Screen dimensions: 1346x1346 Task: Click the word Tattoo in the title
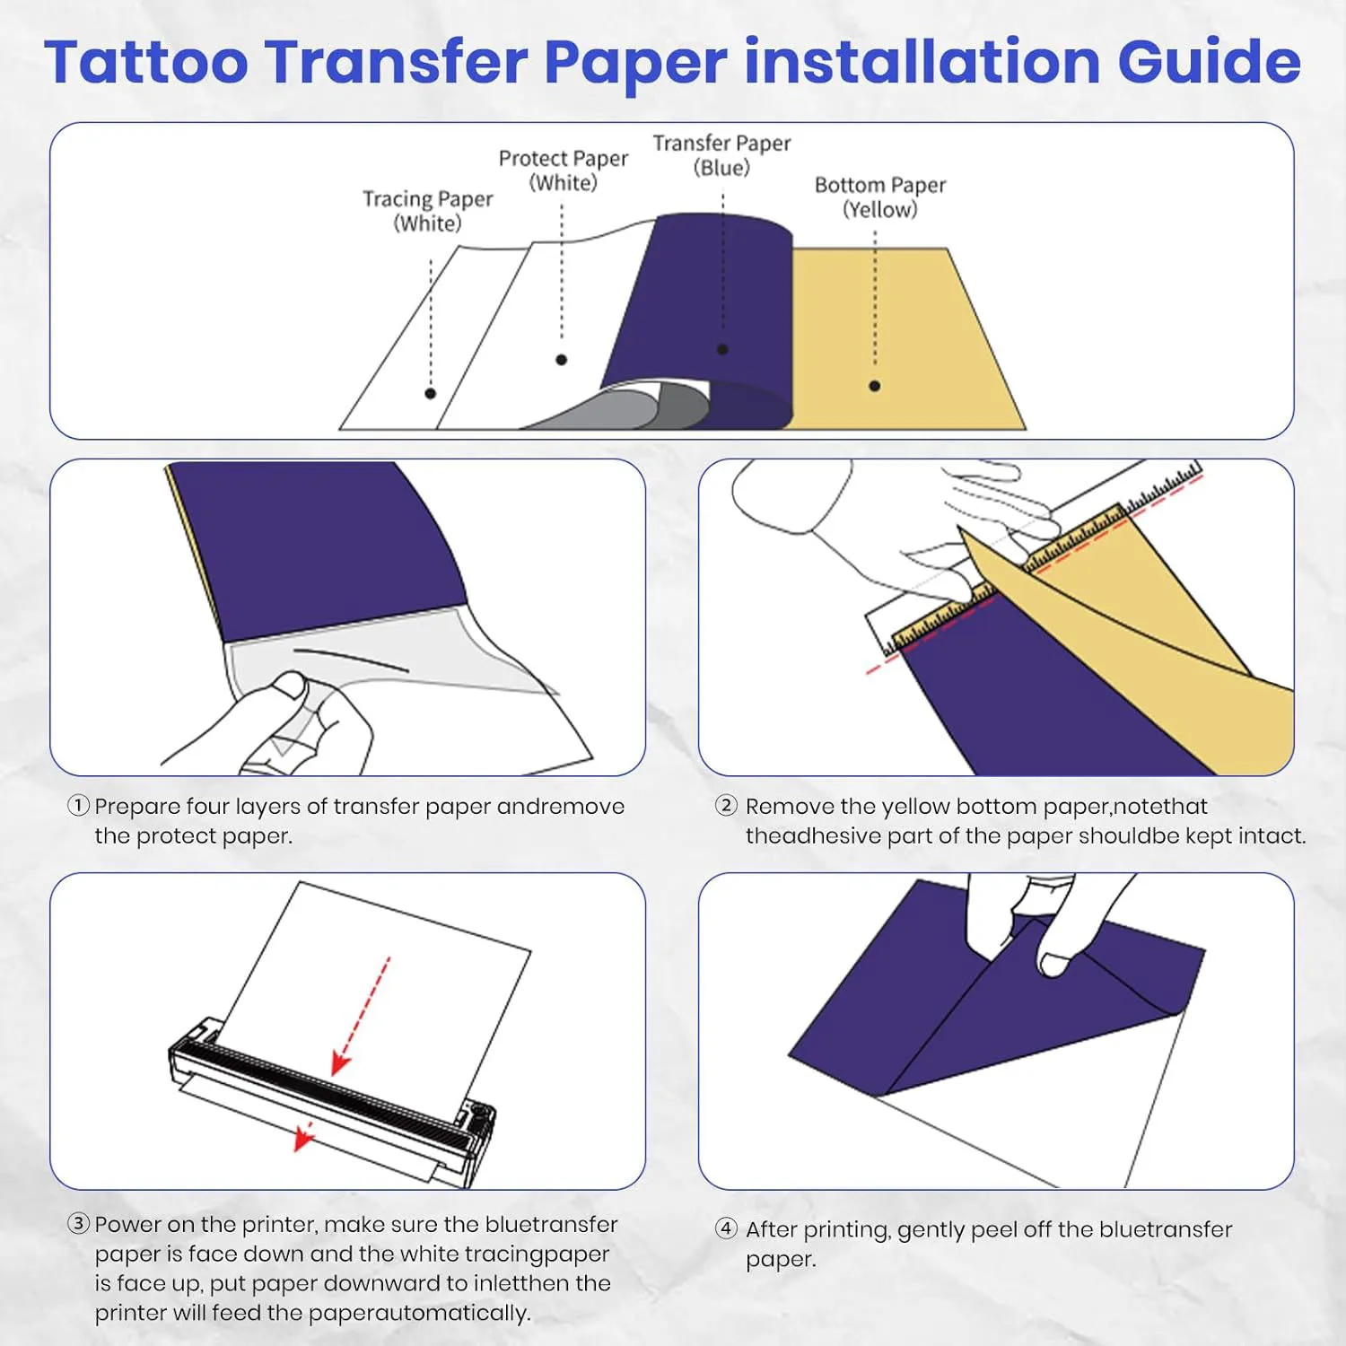coord(146,63)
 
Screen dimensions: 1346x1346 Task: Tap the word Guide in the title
coord(1208,63)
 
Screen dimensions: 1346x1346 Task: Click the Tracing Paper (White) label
coord(427,211)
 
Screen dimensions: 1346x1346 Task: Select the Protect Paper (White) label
coord(563,170)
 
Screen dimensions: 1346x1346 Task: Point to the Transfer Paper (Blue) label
coord(721,155)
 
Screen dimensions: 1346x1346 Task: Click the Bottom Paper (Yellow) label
coord(879,197)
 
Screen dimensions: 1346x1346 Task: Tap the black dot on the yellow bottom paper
coord(874,386)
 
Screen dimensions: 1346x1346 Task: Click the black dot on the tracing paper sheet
coord(431,393)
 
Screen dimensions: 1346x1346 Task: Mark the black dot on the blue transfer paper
coord(722,349)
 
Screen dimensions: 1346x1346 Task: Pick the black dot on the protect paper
coord(562,360)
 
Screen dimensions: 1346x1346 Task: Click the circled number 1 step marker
coord(79,806)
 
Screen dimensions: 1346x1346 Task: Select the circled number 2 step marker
coord(726,806)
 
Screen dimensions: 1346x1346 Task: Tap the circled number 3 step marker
coord(79,1224)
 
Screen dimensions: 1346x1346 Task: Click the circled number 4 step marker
coord(726,1228)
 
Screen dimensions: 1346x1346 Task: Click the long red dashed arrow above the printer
coord(363,1014)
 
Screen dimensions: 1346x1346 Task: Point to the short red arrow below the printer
coord(304,1137)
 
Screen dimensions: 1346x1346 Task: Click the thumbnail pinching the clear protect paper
coord(290,686)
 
